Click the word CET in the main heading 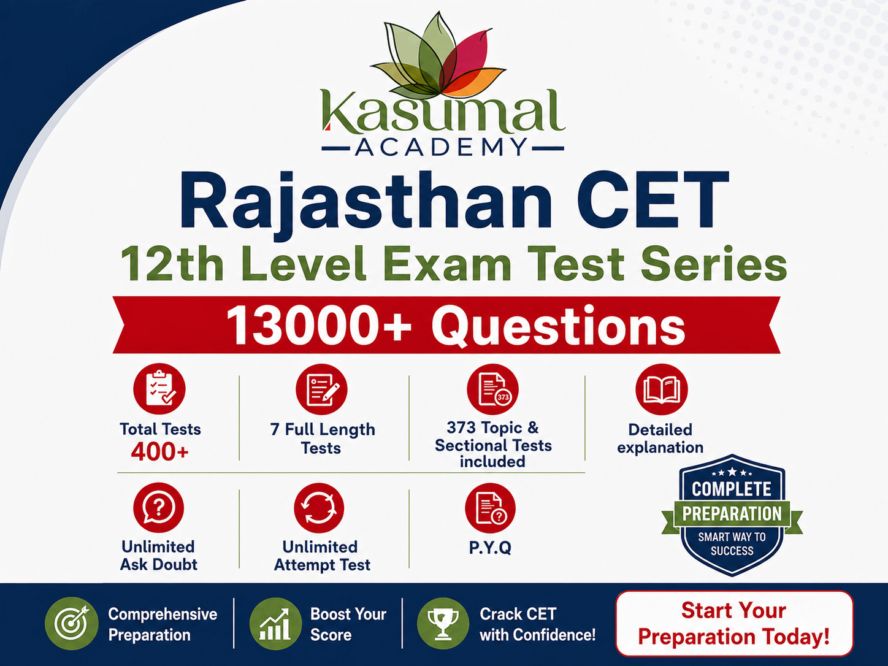pos(653,201)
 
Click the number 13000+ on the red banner pos(319,326)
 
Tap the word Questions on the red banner pos(558,327)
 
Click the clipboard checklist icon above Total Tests pos(159,389)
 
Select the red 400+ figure pos(160,451)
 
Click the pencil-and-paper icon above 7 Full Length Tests pos(321,389)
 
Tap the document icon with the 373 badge pos(492,389)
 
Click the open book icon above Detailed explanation pos(662,389)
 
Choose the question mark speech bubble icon pos(159,508)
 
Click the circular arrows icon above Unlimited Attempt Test pos(319,508)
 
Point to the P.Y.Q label pos(491,548)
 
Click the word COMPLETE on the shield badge pos(732,489)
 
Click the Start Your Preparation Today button pos(734,624)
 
